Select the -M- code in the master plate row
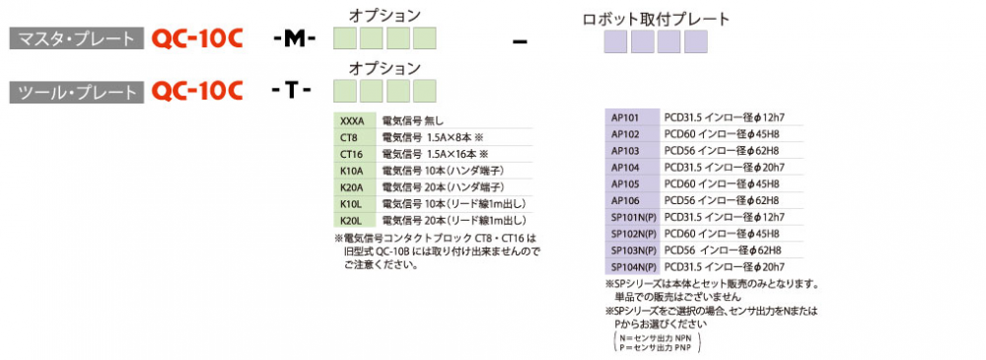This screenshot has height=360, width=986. coord(294,39)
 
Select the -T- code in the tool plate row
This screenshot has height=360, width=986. coord(291,92)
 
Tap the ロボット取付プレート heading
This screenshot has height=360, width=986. coord(656,19)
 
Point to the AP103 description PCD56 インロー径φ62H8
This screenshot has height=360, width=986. coord(722,151)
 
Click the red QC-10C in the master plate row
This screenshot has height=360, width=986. coord(197,39)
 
